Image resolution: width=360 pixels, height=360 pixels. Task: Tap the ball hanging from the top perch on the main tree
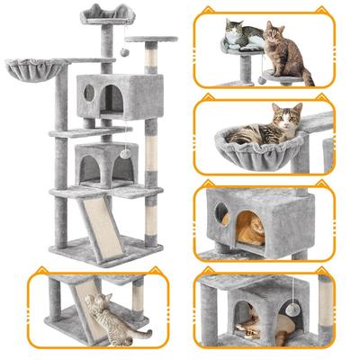(124, 53)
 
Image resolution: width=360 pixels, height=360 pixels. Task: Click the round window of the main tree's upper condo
(89, 92)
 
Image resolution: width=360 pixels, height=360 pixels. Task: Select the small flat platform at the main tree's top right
(150, 40)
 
